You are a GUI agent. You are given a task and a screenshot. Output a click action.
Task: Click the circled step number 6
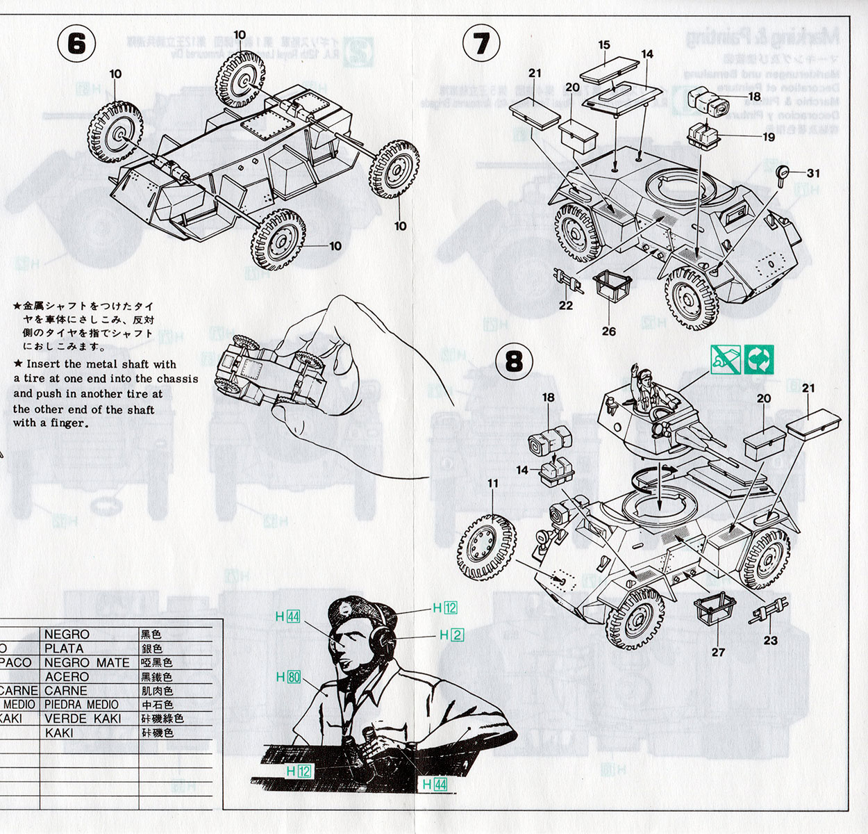tap(76, 44)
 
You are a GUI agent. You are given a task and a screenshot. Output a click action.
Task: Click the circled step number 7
tap(481, 44)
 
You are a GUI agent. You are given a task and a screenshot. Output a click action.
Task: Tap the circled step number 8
tap(514, 361)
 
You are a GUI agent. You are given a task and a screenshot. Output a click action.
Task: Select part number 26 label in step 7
tap(609, 332)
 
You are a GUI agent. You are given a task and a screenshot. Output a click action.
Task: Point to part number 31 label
tap(813, 173)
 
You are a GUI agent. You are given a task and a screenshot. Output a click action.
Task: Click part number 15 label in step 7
tap(604, 45)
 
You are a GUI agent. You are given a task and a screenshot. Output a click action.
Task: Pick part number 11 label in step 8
tap(493, 484)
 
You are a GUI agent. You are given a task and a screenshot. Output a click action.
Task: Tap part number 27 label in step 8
tap(718, 652)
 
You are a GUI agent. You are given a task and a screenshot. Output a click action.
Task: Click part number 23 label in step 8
tap(771, 640)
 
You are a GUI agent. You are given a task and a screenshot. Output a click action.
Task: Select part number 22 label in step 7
tap(566, 305)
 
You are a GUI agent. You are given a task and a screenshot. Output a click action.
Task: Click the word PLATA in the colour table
tap(64, 648)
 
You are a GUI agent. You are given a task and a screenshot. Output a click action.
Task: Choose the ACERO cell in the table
tap(67, 677)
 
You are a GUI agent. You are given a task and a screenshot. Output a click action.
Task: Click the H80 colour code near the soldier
tap(288, 677)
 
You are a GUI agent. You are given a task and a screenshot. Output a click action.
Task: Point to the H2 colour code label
tap(451, 635)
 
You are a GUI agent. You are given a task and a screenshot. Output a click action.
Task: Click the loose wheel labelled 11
tap(486, 547)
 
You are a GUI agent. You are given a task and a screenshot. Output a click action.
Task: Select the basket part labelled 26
tap(612, 285)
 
